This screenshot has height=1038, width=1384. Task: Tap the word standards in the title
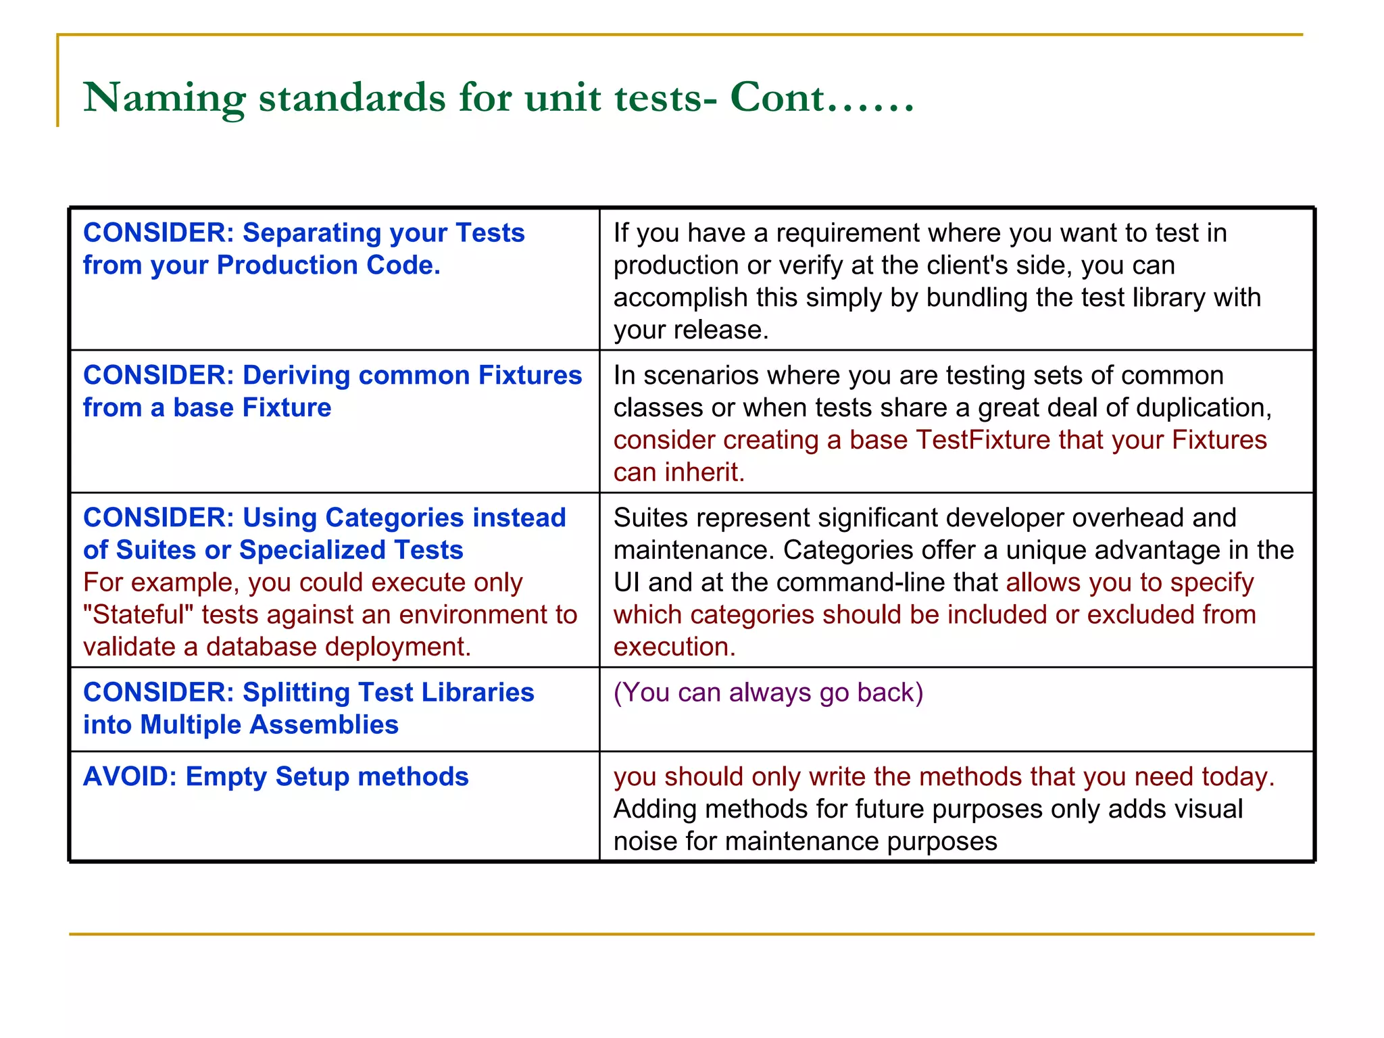coord(352,97)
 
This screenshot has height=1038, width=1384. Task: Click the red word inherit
coord(704,473)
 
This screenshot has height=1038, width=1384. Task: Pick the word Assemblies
coord(324,725)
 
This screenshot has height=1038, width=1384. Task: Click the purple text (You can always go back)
coord(768,693)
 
